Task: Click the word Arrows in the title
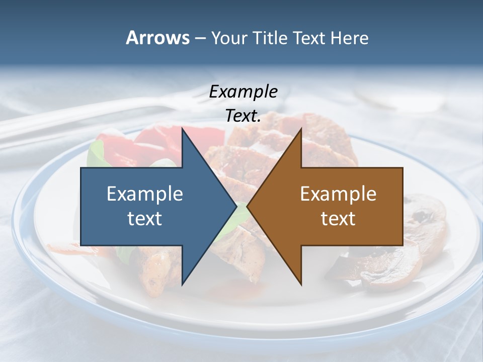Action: tap(157, 38)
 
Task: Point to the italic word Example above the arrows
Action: tap(243, 92)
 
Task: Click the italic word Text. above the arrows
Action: tap(243, 116)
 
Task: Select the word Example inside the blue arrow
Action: tap(145, 194)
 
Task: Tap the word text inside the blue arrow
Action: tap(145, 219)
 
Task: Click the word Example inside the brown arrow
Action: tap(338, 194)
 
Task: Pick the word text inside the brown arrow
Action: tap(338, 219)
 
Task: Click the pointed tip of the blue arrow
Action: tap(236, 207)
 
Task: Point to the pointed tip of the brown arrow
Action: tap(248, 207)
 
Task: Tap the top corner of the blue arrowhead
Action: tap(182, 129)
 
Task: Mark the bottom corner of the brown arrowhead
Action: tap(301, 285)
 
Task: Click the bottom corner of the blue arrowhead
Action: tap(182, 285)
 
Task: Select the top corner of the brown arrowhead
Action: tap(301, 129)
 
